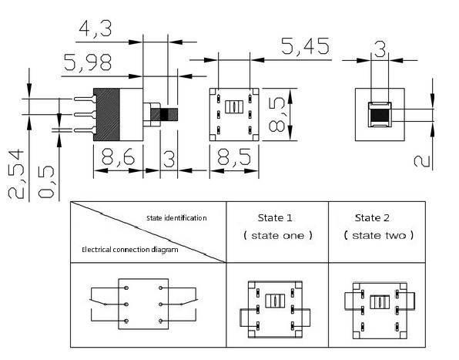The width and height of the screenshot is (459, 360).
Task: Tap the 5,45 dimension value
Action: (x=305, y=47)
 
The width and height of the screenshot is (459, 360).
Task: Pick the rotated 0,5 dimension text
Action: (x=48, y=182)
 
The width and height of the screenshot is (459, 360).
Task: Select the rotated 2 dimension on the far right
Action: (x=420, y=160)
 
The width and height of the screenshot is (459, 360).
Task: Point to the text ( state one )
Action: (x=276, y=235)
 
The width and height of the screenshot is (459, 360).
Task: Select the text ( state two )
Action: (x=378, y=235)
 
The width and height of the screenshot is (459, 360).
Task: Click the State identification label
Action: (x=176, y=218)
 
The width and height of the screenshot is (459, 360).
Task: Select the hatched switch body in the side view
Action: (x=108, y=115)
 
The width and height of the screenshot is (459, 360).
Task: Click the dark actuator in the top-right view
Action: (x=379, y=116)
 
